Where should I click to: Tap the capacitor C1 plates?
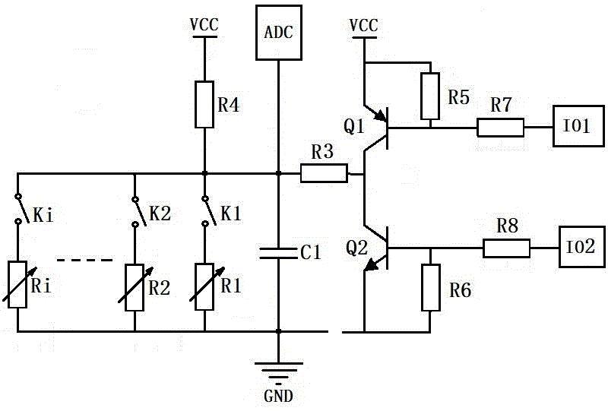click(278, 253)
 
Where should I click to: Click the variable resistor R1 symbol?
click(204, 287)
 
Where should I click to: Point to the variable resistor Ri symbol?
click(17, 285)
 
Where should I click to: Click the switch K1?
click(208, 211)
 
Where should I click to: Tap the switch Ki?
click(22, 210)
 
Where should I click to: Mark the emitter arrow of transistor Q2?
click(373, 264)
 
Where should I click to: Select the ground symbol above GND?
click(278, 369)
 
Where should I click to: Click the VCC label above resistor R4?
click(204, 25)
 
